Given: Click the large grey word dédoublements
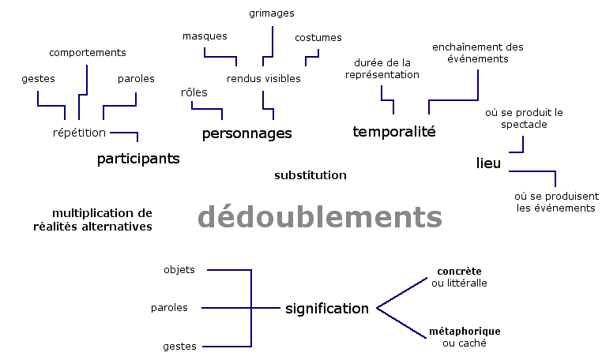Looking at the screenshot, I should click(x=319, y=217).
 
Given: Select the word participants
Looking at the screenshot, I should click(x=138, y=159).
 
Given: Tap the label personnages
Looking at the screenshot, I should click(x=246, y=133).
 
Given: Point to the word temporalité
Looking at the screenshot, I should click(x=393, y=132).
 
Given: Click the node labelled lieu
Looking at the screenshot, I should click(x=489, y=163).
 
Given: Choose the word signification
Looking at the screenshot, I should click(x=327, y=309).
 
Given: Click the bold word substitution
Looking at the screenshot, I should click(x=310, y=175).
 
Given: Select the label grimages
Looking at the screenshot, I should click(x=272, y=13).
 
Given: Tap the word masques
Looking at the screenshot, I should click(x=205, y=36).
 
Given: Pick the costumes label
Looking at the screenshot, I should click(x=318, y=38).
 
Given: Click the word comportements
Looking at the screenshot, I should click(x=88, y=53).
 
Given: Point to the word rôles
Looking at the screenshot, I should click(x=194, y=93).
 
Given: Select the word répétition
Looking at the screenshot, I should click(x=79, y=133).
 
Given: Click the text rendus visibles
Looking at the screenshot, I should click(x=264, y=79).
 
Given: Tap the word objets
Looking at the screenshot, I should click(x=179, y=270).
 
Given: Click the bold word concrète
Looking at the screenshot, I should click(x=460, y=272).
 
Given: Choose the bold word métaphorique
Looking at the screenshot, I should click(x=465, y=332).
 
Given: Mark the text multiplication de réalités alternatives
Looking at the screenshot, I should click(x=102, y=219).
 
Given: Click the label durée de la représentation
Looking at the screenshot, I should click(x=382, y=69).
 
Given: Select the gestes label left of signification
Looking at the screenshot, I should click(x=179, y=347).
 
